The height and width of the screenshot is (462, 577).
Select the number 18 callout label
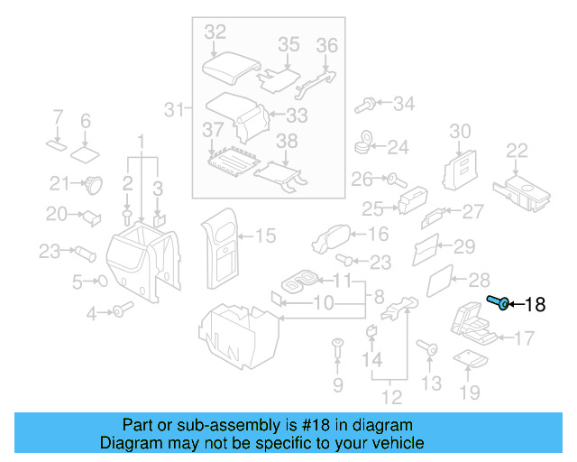tap(535, 305)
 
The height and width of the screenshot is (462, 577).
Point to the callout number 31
tap(174, 110)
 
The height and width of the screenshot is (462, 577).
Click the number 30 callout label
tap(460, 131)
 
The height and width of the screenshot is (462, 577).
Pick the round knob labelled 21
tap(92, 185)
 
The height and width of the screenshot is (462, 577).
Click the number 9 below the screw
tap(338, 386)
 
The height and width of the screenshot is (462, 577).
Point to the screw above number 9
tap(338, 346)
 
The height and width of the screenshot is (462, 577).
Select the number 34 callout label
tap(403, 104)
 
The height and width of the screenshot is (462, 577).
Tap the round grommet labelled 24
tap(366, 143)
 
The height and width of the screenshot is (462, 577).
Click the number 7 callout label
tap(57, 117)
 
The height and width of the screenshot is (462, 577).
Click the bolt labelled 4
tap(118, 312)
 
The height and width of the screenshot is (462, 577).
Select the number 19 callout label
tap(470, 392)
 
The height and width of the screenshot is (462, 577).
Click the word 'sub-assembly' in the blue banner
tap(202, 425)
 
